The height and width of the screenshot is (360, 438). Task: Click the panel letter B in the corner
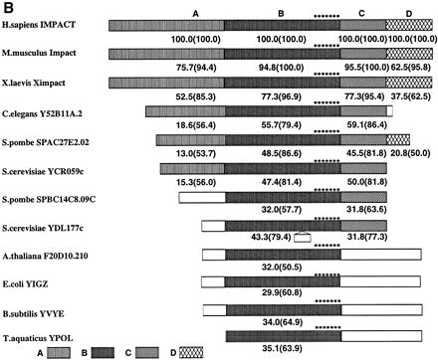point(8,7)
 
